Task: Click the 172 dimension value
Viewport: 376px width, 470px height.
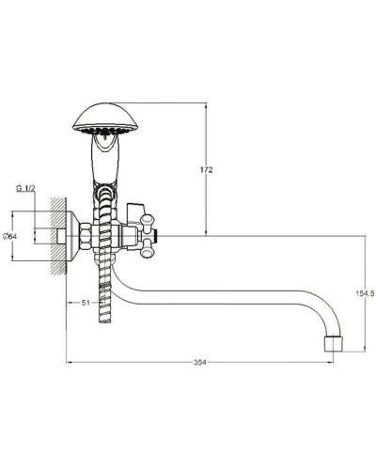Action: click(207, 170)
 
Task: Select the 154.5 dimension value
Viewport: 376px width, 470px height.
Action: click(366, 293)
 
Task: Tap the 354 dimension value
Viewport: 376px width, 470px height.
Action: click(200, 362)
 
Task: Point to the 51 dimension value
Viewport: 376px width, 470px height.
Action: click(86, 303)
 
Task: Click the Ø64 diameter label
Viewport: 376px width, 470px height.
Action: click(9, 236)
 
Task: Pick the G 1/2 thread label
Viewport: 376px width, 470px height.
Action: click(26, 188)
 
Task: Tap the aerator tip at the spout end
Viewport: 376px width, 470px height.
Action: click(333, 344)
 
